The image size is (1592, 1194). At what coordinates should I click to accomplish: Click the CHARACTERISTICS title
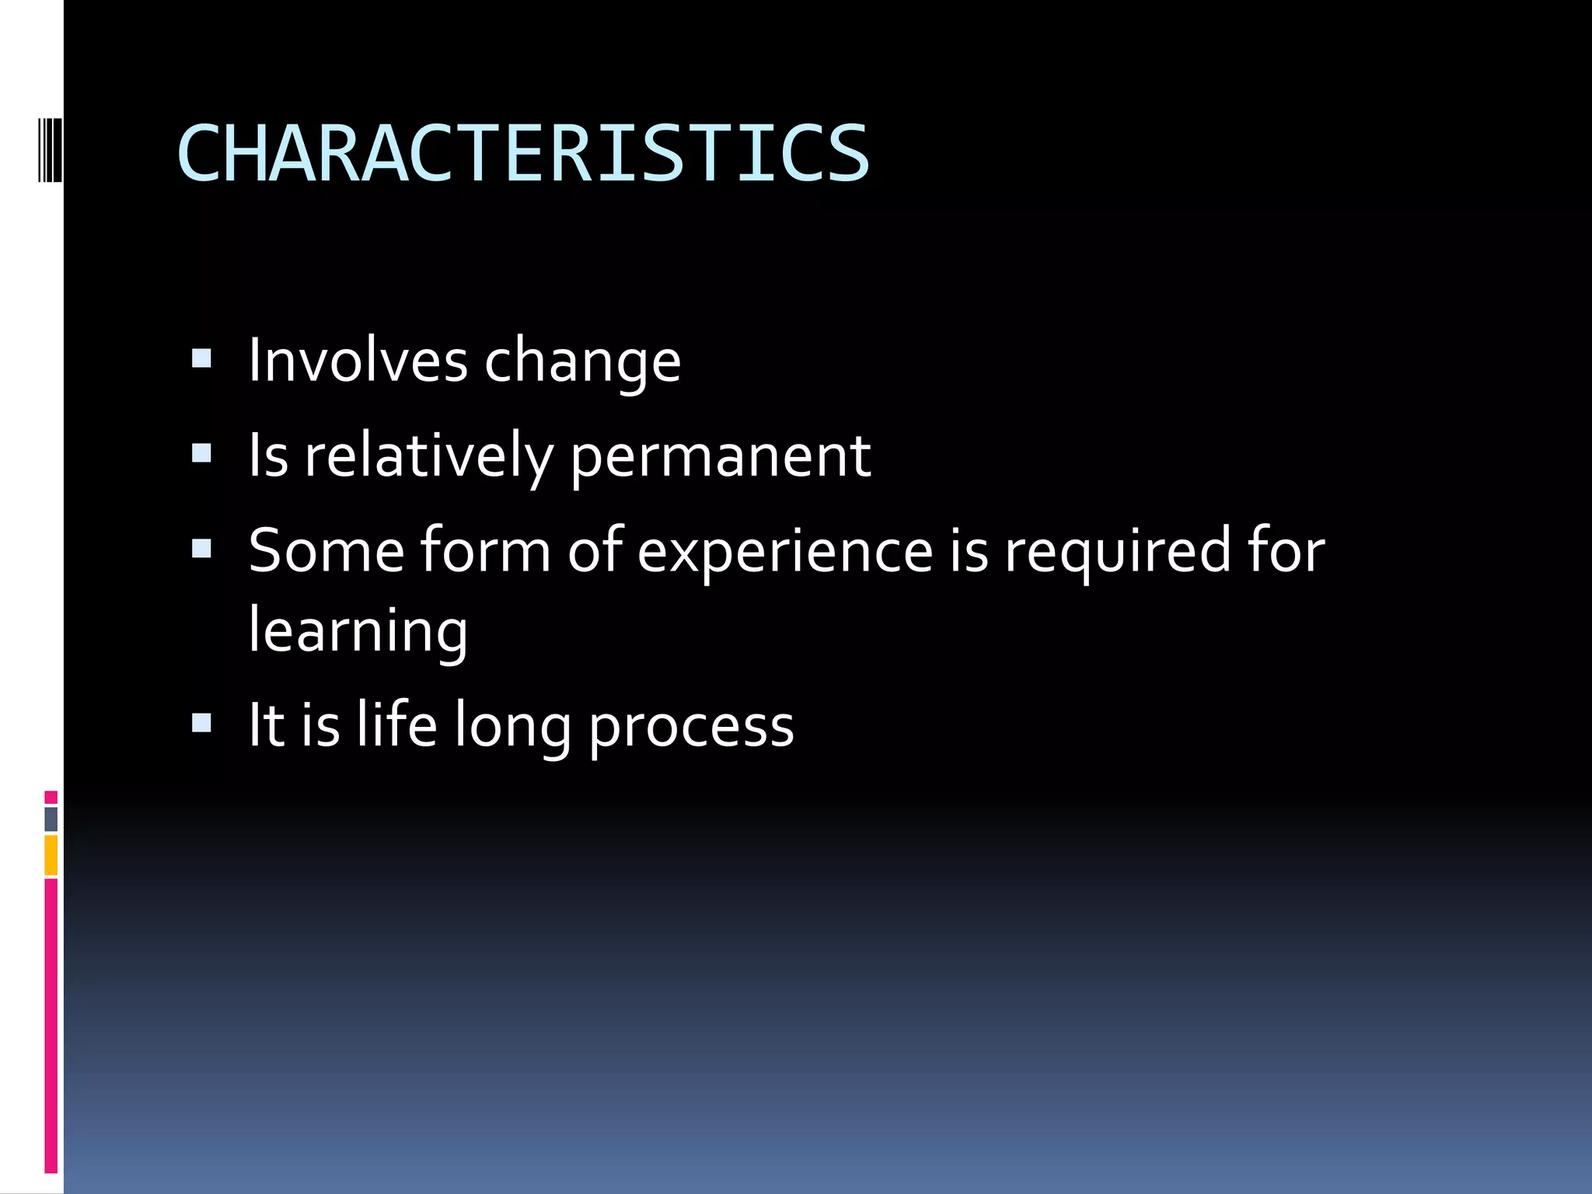522,154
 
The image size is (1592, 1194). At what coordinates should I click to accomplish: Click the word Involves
358,361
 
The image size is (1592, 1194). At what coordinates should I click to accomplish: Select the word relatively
428,456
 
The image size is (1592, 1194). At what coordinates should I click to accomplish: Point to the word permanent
721,458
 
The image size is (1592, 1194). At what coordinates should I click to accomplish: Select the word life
397,724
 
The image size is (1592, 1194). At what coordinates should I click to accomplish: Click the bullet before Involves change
201,358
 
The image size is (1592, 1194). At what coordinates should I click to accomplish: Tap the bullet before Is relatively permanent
201,453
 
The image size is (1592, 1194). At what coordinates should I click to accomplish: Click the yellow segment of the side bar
51,855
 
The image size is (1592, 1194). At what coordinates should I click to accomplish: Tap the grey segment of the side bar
51,819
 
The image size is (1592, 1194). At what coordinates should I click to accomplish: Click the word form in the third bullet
486,550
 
